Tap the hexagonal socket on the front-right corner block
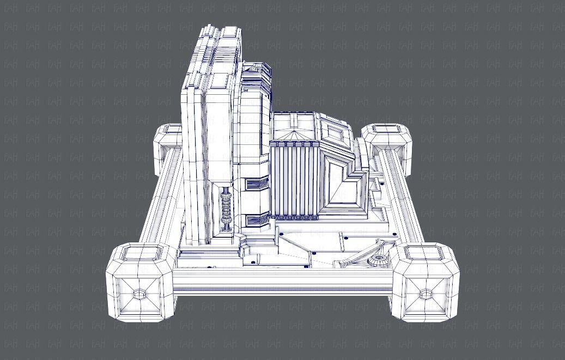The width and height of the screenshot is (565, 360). [x=425, y=295]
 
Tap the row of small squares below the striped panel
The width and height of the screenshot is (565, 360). [x=294, y=217]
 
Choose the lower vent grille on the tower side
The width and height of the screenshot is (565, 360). [x=256, y=220]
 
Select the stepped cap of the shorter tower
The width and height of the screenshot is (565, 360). [x=256, y=71]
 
